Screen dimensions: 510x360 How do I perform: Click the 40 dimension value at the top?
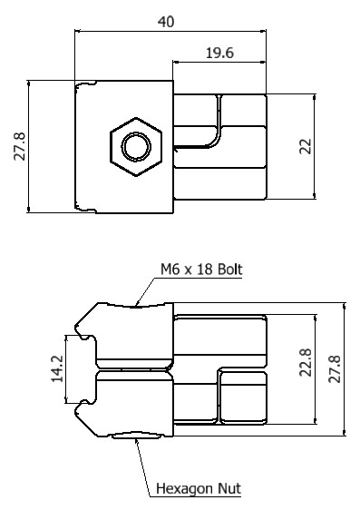(x=167, y=21)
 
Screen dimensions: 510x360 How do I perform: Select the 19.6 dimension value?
(x=219, y=54)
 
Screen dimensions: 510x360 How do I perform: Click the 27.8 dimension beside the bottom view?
(x=334, y=369)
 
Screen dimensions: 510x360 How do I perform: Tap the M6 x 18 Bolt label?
(x=201, y=269)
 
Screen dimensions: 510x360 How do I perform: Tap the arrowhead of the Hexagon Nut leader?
(x=137, y=440)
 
